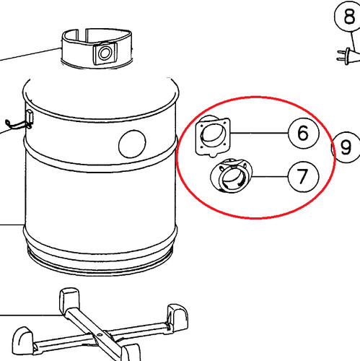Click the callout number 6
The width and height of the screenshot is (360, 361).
click(x=303, y=133)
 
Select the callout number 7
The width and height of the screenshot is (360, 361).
click(x=303, y=176)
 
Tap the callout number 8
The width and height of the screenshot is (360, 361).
click(x=349, y=16)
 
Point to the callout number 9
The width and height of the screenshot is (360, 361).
click(x=346, y=147)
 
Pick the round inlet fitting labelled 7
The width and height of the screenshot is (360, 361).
click(x=232, y=175)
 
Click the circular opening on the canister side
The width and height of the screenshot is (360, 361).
click(x=132, y=144)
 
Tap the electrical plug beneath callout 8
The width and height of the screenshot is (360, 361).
click(x=348, y=56)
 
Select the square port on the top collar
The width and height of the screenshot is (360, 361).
click(x=105, y=53)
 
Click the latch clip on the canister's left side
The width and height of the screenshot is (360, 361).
click(x=30, y=118)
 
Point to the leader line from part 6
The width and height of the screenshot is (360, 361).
click(x=259, y=133)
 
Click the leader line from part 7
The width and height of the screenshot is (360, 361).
click(x=270, y=176)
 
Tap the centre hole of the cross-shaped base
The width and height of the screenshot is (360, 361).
click(x=99, y=335)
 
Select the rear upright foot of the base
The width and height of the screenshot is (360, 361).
click(x=69, y=300)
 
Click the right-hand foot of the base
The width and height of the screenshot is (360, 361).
click(x=177, y=317)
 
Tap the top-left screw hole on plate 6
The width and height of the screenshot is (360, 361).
click(x=201, y=126)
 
